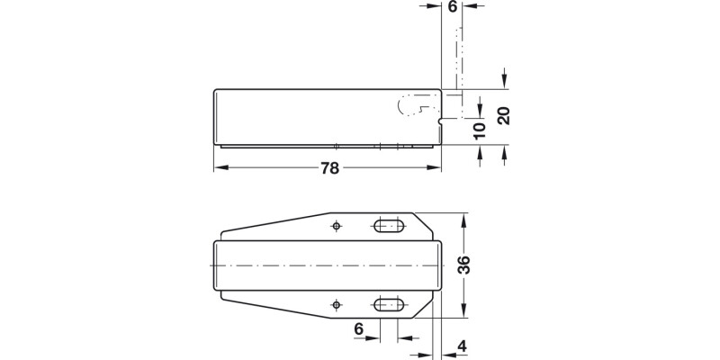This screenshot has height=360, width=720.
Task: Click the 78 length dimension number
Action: (x=328, y=168)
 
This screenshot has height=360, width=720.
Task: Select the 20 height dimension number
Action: (x=504, y=116)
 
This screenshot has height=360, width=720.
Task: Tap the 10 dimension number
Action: (x=480, y=129)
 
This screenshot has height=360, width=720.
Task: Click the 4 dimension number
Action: (x=462, y=345)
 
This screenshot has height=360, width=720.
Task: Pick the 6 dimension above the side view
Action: (x=452, y=7)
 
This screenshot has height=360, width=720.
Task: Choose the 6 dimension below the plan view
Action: (x=358, y=330)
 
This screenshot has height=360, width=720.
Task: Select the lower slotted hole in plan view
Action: (x=389, y=304)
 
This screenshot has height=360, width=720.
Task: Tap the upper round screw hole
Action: (x=337, y=225)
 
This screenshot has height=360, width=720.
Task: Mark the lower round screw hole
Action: (x=337, y=304)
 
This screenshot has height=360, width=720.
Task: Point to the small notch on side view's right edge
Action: (x=439, y=118)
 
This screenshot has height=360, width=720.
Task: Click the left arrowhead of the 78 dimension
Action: (x=219, y=168)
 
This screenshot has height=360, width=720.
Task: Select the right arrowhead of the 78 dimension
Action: (x=436, y=168)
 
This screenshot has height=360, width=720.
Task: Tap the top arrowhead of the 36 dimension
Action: (x=464, y=219)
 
